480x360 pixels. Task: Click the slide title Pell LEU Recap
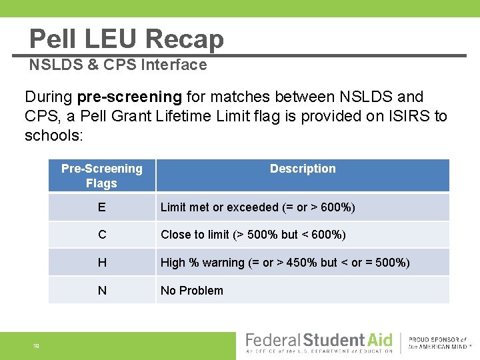127,39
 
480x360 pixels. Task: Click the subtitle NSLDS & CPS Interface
118,65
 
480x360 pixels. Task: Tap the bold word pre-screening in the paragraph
129,97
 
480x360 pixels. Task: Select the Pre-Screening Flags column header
101,176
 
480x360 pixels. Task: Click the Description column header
303,169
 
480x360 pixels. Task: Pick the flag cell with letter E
101,207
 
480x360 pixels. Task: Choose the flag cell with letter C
101,235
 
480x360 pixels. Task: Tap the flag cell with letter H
101,263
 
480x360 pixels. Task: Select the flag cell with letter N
101,290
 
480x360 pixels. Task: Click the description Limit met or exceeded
257,207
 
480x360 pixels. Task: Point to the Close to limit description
253,235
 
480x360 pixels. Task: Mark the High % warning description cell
285,263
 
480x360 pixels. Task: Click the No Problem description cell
192,290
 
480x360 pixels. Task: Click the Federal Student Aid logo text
319,340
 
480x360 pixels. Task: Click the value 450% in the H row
301,263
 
